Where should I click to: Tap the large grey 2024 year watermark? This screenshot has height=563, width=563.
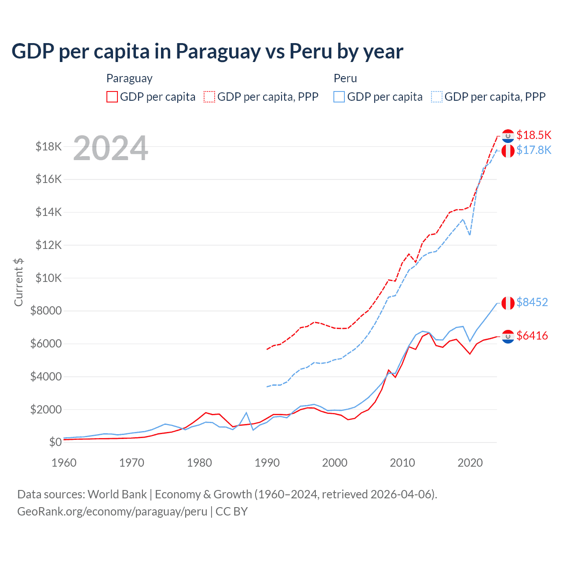point(110,148)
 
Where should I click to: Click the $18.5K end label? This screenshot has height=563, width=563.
point(534,135)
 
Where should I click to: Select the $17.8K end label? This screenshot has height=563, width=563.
point(534,150)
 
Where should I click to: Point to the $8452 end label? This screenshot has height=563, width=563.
point(532,302)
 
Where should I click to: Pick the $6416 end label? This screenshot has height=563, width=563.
point(532,336)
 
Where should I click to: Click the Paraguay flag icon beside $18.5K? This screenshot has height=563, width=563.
point(508,136)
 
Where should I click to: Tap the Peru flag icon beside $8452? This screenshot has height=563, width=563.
point(508,303)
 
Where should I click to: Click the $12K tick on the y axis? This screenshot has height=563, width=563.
point(48,245)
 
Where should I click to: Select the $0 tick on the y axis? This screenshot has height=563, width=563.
point(55,442)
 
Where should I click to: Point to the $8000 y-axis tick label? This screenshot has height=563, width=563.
point(46,311)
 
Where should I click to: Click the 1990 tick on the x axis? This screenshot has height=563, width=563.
point(267,463)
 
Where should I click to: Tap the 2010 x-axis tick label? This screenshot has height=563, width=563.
point(402,463)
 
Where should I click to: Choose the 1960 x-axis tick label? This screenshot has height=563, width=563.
point(64,463)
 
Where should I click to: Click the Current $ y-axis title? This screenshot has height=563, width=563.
point(18,282)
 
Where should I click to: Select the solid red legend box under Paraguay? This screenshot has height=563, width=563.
point(112,97)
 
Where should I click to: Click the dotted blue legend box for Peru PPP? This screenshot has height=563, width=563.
point(437,97)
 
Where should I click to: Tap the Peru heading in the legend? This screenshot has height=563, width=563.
point(345,78)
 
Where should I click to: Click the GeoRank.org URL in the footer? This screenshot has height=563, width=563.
point(112,512)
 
